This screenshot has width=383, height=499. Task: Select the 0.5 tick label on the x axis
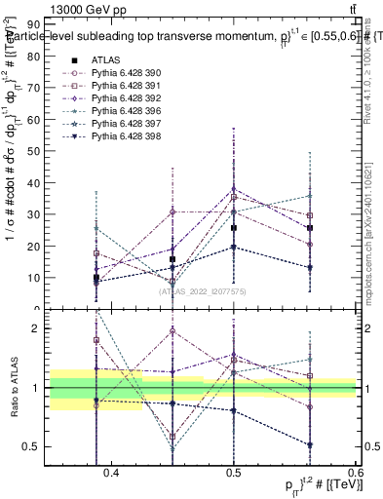[x=234, y=473]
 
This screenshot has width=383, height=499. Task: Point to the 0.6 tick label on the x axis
[x=355, y=473]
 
